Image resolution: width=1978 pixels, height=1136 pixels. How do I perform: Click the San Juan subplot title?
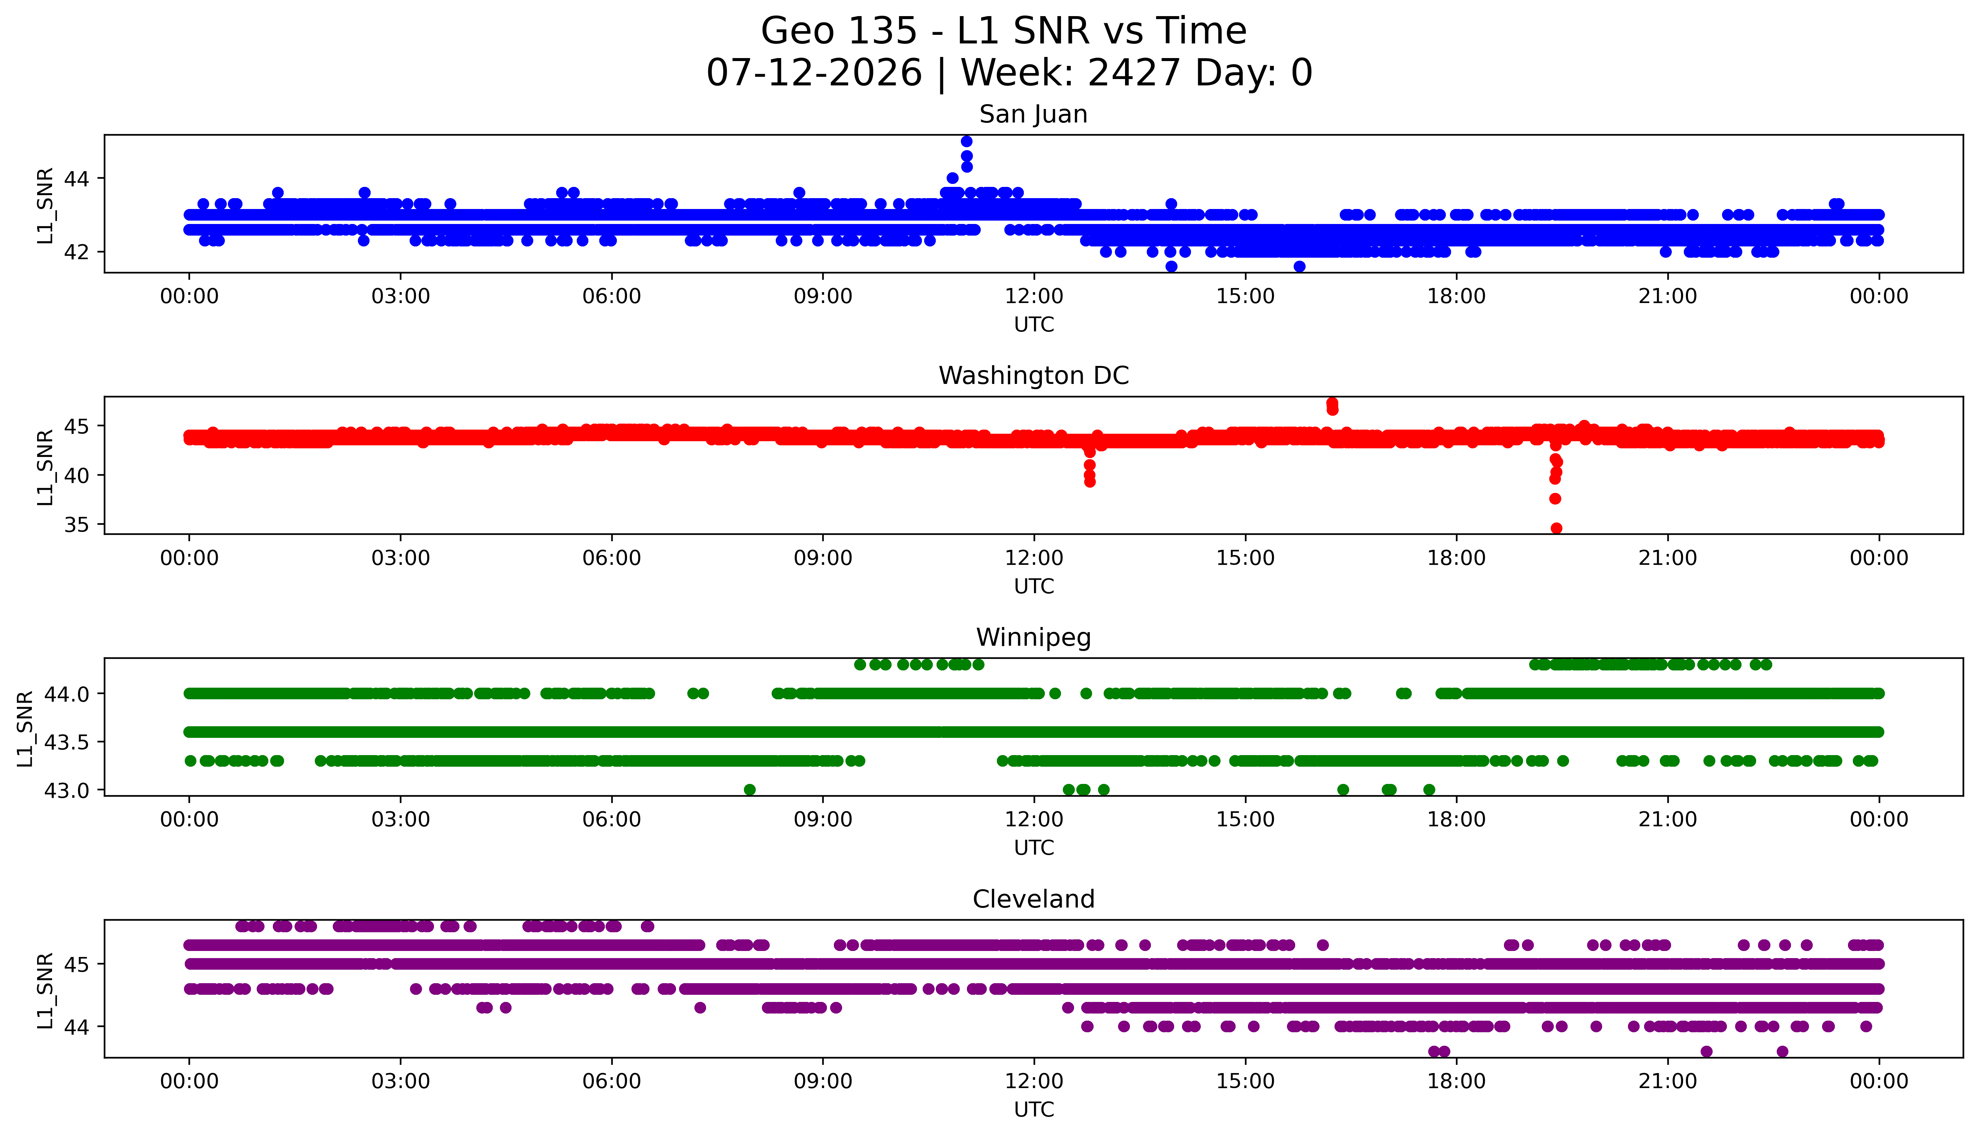coord(1034,115)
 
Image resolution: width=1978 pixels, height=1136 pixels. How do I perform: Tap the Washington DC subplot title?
coord(1034,376)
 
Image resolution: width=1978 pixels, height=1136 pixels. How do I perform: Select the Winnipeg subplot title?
coord(1034,638)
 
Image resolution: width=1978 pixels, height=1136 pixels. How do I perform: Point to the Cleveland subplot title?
coord(1034,900)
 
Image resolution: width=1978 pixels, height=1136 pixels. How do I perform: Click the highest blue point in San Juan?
coord(967,141)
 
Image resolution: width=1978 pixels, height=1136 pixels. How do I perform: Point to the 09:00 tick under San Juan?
coord(823,297)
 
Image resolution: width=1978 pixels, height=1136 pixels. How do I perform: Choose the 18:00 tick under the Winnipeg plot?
coord(1457,820)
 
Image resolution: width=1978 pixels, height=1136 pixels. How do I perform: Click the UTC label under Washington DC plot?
coord(1034,587)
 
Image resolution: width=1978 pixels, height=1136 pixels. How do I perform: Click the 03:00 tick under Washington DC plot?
coord(401,559)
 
